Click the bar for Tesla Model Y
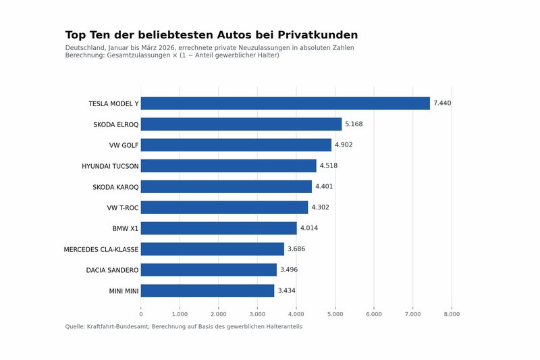[285, 103]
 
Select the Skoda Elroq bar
[241, 124]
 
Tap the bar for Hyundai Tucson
[228, 166]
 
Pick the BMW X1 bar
[219, 228]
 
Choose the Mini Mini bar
[207, 290]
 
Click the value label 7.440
[442, 103]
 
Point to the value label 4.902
[344, 145]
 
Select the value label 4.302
[320, 207]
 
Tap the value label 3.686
[296, 249]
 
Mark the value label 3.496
[289, 270]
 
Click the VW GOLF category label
[124, 145]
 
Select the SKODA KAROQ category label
[115, 187]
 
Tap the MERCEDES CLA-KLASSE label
[101, 249]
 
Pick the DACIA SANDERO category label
[112, 270]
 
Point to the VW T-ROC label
[123, 207]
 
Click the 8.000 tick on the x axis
[452, 314]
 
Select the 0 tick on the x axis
[141, 314]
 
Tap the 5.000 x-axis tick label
[335, 314]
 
